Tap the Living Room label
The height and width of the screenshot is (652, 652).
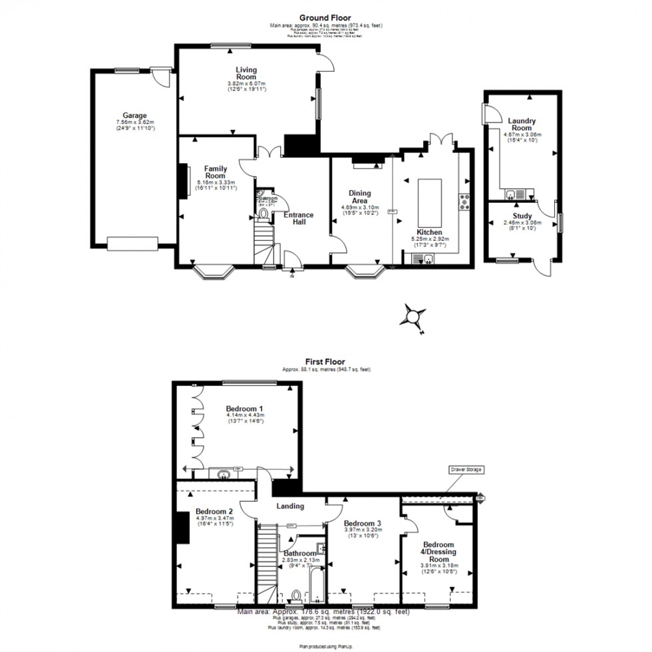click(246, 73)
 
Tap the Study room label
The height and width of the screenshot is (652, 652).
click(523, 215)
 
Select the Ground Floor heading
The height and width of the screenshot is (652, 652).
click(325, 18)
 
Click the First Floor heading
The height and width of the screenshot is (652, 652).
click(325, 361)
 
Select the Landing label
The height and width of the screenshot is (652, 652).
click(290, 506)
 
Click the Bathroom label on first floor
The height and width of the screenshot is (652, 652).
click(299, 554)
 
